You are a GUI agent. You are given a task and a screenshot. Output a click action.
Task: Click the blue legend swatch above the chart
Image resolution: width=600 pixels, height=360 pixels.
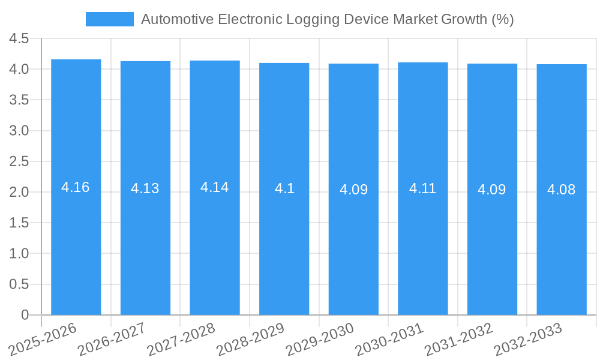pos(110,19)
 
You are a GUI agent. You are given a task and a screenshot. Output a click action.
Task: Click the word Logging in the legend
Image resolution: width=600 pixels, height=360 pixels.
pos(311,19)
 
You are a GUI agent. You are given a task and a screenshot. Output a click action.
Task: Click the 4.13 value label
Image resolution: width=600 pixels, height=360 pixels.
pos(145,188)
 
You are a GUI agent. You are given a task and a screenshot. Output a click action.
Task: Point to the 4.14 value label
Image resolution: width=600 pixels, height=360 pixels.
pos(215,187)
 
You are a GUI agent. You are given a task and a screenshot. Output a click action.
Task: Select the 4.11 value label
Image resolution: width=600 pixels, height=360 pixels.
pos(423,188)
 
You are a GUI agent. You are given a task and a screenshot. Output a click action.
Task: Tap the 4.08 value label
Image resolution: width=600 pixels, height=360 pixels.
pos(562,190)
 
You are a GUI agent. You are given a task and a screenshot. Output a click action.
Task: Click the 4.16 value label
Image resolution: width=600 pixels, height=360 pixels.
pos(76,187)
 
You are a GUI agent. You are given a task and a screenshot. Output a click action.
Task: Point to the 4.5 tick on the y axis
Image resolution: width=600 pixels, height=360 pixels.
pos(19,39)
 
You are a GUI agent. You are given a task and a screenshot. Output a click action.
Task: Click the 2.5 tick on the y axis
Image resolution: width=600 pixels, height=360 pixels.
pos(19,162)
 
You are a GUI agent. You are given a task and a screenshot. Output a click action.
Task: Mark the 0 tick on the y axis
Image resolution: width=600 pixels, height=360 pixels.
pos(25,315)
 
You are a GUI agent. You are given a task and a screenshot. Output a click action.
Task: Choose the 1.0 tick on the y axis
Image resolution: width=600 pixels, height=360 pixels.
pos(19,254)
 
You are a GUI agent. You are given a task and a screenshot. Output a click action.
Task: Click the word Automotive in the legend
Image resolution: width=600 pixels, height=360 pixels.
pos(177,19)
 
